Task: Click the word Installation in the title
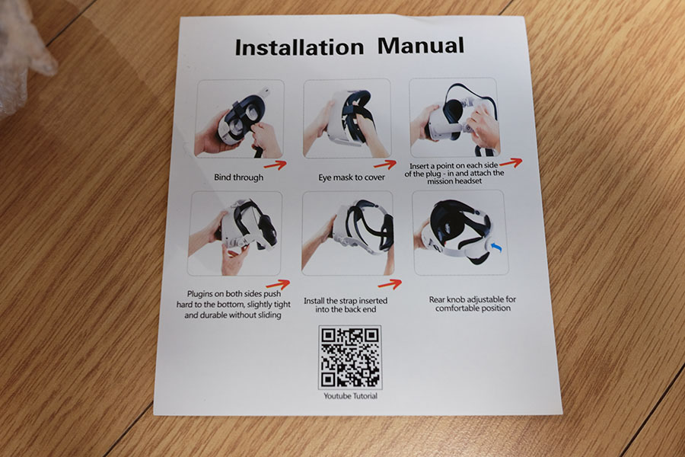(x=299, y=47)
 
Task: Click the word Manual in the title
(x=420, y=46)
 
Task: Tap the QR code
(x=350, y=357)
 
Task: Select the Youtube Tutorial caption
(x=350, y=396)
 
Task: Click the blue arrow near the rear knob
(x=496, y=247)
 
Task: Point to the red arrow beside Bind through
(x=276, y=165)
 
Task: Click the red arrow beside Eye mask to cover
(x=385, y=165)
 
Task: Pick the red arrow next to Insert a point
(x=511, y=163)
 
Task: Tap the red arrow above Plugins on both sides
(x=278, y=284)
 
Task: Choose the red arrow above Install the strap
(x=390, y=284)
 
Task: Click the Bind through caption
(x=238, y=177)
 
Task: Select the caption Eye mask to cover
(x=352, y=177)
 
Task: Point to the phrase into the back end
(x=346, y=309)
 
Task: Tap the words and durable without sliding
(x=232, y=315)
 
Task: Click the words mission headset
(x=454, y=181)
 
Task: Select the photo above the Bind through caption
(x=240, y=119)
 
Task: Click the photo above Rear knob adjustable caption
(x=460, y=232)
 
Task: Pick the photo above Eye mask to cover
(x=347, y=119)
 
